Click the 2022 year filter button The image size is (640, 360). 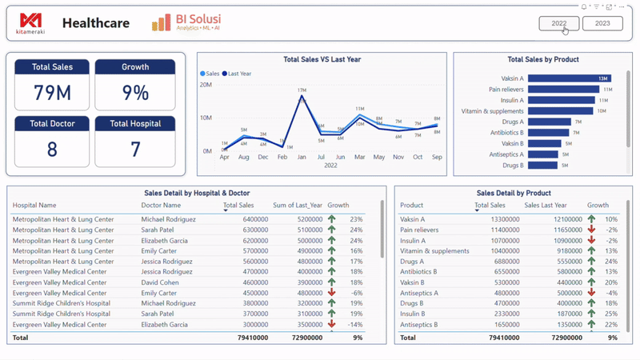click(x=559, y=23)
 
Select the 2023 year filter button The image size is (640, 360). click(x=602, y=23)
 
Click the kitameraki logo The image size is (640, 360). click(x=32, y=23)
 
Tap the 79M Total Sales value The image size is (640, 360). click(x=52, y=93)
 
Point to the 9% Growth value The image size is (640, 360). click(x=135, y=93)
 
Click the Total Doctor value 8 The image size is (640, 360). click(x=52, y=150)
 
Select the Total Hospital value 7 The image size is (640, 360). click(x=135, y=150)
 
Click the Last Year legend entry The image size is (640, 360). click(x=238, y=74)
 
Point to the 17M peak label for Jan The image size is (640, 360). click(x=302, y=90)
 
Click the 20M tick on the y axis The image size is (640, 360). click(x=206, y=84)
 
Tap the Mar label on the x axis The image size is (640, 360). click(x=359, y=158)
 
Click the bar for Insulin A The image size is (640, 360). click(x=562, y=100)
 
